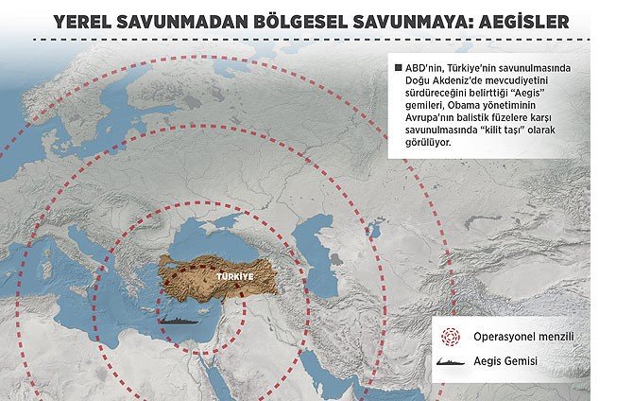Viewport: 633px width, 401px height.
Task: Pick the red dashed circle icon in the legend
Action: (x=451, y=336)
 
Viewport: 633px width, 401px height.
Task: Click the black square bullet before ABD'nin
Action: (x=396, y=68)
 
